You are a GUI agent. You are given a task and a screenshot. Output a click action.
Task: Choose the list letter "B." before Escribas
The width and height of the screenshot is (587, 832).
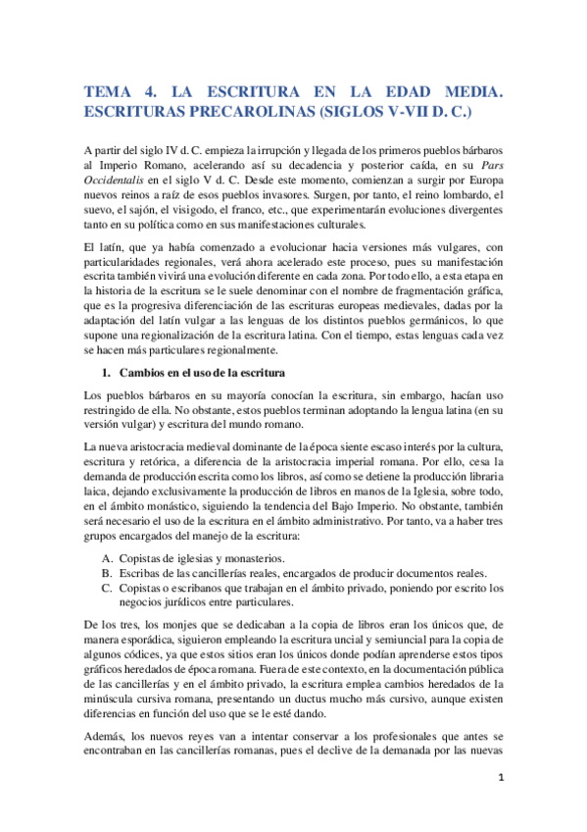[x=109, y=573]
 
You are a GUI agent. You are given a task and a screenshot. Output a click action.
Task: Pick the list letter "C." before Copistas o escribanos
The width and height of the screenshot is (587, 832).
[x=109, y=588]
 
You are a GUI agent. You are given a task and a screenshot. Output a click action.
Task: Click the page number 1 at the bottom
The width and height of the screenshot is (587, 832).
[x=500, y=805]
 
